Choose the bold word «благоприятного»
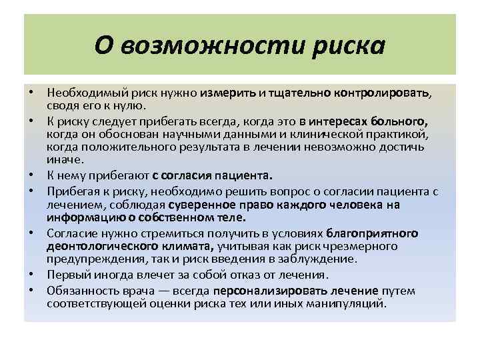tap(372, 233)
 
